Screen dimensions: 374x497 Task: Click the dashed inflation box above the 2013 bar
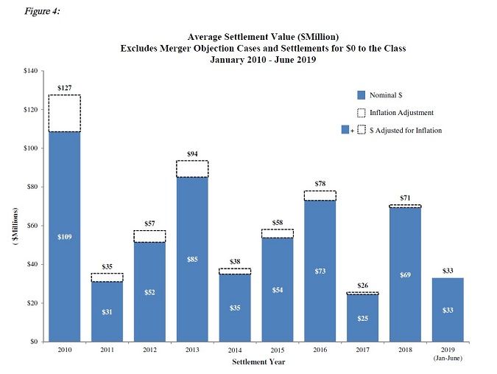(x=192, y=168)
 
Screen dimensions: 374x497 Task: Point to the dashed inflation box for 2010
(x=64, y=113)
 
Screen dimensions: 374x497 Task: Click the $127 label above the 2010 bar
(x=64, y=89)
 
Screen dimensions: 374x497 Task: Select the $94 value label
(x=192, y=154)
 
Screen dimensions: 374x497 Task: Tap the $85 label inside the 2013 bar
(x=192, y=259)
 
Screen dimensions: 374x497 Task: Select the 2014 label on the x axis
(x=235, y=349)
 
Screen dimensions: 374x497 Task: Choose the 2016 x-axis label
(x=320, y=349)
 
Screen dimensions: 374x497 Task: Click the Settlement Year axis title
(x=255, y=362)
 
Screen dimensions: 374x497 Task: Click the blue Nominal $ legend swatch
(x=361, y=94)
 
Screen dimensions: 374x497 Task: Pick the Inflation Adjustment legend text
(x=401, y=112)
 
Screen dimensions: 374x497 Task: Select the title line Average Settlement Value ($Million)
(x=263, y=36)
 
